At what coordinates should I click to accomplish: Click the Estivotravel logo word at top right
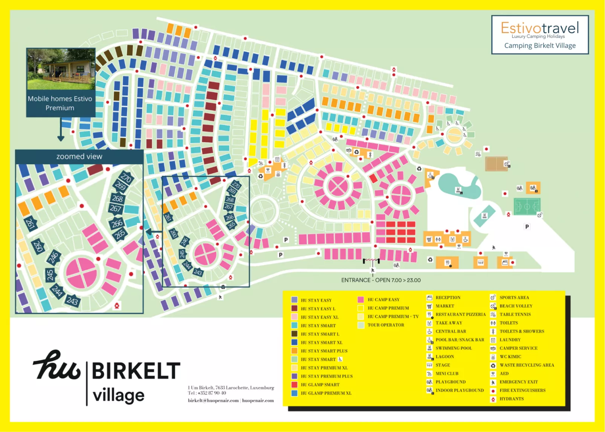(539, 28)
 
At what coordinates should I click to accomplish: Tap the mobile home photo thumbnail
(61, 69)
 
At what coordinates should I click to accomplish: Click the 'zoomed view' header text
(79, 156)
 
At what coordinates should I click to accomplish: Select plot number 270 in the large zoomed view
(126, 177)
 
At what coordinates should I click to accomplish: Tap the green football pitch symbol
(527, 206)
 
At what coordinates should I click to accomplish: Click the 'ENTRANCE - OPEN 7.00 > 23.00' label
(381, 280)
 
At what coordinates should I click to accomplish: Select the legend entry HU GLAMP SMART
(320, 385)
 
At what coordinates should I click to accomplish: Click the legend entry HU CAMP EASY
(383, 299)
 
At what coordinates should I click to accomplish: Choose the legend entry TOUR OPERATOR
(386, 325)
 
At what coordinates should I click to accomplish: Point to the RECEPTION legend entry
(448, 298)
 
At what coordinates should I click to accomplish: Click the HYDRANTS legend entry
(511, 399)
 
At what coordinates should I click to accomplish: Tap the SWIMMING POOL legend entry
(454, 348)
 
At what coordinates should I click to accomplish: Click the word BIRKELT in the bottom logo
(136, 371)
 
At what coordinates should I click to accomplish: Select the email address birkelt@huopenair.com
(213, 400)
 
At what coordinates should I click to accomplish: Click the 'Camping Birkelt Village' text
(540, 46)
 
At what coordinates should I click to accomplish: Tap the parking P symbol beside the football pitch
(527, 227)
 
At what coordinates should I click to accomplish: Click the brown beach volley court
(496, 164)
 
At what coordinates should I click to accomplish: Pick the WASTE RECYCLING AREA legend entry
(527, 365)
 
